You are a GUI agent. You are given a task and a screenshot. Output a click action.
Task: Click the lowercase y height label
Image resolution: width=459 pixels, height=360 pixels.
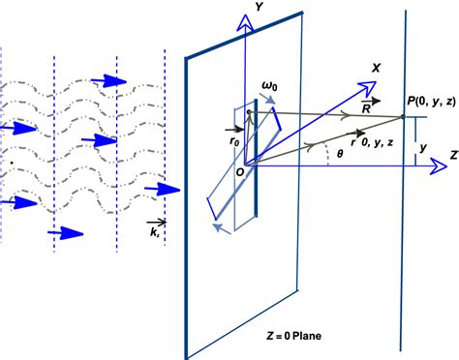click(x=421, y=148)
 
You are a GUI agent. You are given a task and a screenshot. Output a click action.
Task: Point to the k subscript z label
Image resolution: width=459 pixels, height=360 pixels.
click(x=156, y=233)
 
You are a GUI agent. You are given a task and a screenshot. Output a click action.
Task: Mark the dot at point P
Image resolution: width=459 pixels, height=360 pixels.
click(x=403, y=117)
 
